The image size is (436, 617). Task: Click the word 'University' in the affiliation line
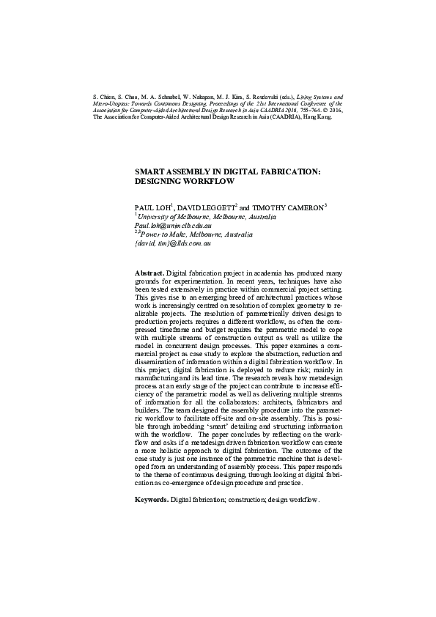(155, 218)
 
